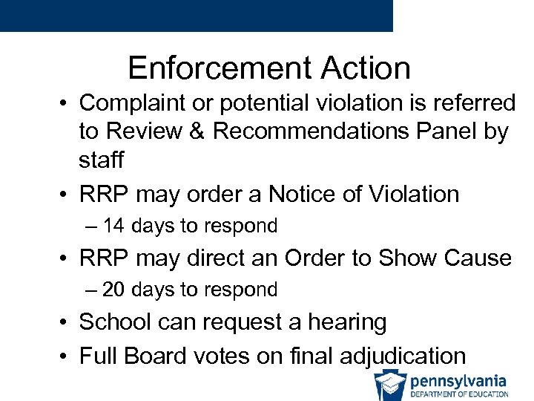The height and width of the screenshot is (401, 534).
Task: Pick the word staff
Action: (x=102, y=160)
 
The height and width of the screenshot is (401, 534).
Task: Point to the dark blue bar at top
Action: (x=196, y=16)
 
